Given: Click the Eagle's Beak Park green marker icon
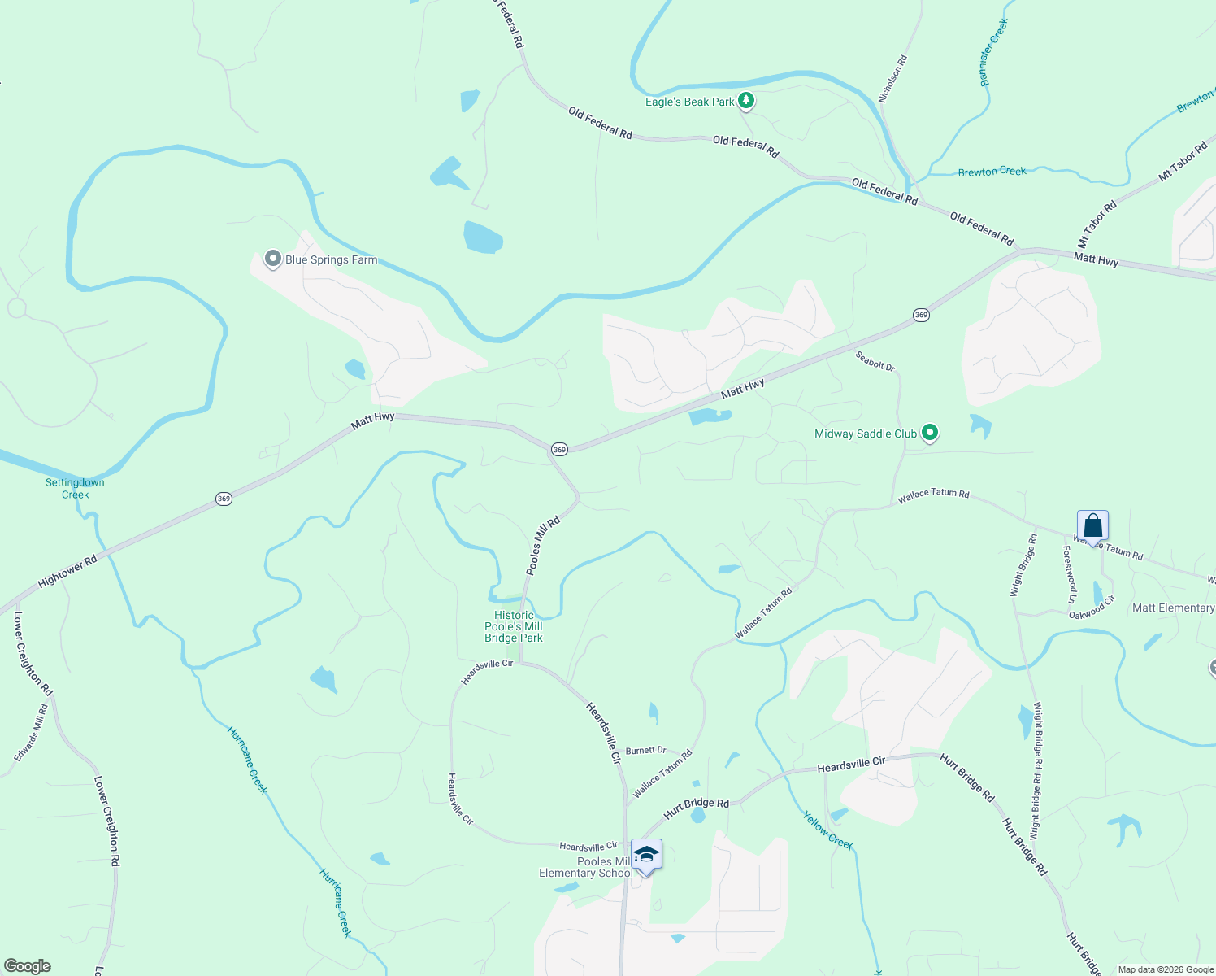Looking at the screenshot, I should point(746,102).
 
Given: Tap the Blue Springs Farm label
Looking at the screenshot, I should point(331,260).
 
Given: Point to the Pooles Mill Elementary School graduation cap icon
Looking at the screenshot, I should point(646,855).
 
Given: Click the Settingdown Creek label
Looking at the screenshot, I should point(75,488).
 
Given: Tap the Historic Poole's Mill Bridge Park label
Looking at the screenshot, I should point(514,627).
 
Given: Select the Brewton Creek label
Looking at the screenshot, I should point(992,172).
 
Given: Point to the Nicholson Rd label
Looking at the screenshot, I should point(892,79).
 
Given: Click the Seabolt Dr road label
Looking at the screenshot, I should point(875,361).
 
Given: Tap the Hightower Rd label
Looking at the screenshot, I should point(67,570).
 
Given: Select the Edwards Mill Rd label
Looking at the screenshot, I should point(31,733).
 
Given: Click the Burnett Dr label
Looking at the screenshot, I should point(645,750).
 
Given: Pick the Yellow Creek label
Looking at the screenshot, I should point(828,830).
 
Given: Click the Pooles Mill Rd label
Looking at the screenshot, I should point(543,546).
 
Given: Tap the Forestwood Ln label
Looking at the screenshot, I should point(1070,574).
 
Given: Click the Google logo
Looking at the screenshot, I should point(27,966).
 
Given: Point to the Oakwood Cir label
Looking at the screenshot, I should point(1092,610).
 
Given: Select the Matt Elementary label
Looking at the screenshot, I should point(1173,608).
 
